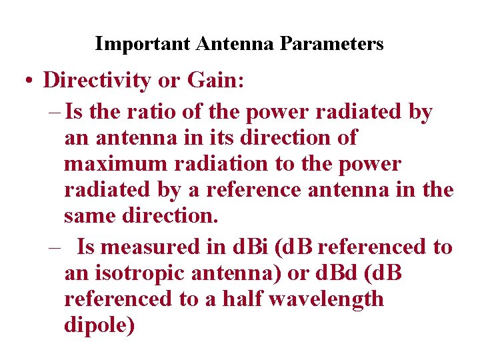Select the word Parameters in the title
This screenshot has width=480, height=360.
click(x=332, y=44)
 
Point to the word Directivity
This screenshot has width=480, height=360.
click(x=97, y=81)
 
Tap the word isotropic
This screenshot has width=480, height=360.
click(x=143, y=274)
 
